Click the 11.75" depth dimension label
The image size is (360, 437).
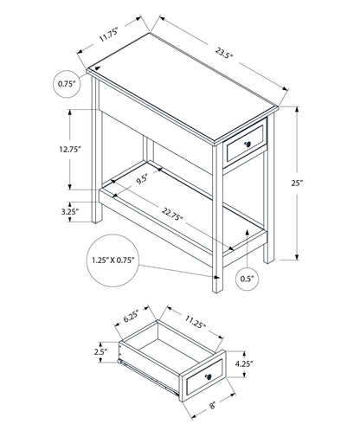108,35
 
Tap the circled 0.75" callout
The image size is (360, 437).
67,84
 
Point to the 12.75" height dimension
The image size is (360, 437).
69,149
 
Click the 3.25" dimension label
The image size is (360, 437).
70,210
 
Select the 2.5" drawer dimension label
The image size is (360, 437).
100,351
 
